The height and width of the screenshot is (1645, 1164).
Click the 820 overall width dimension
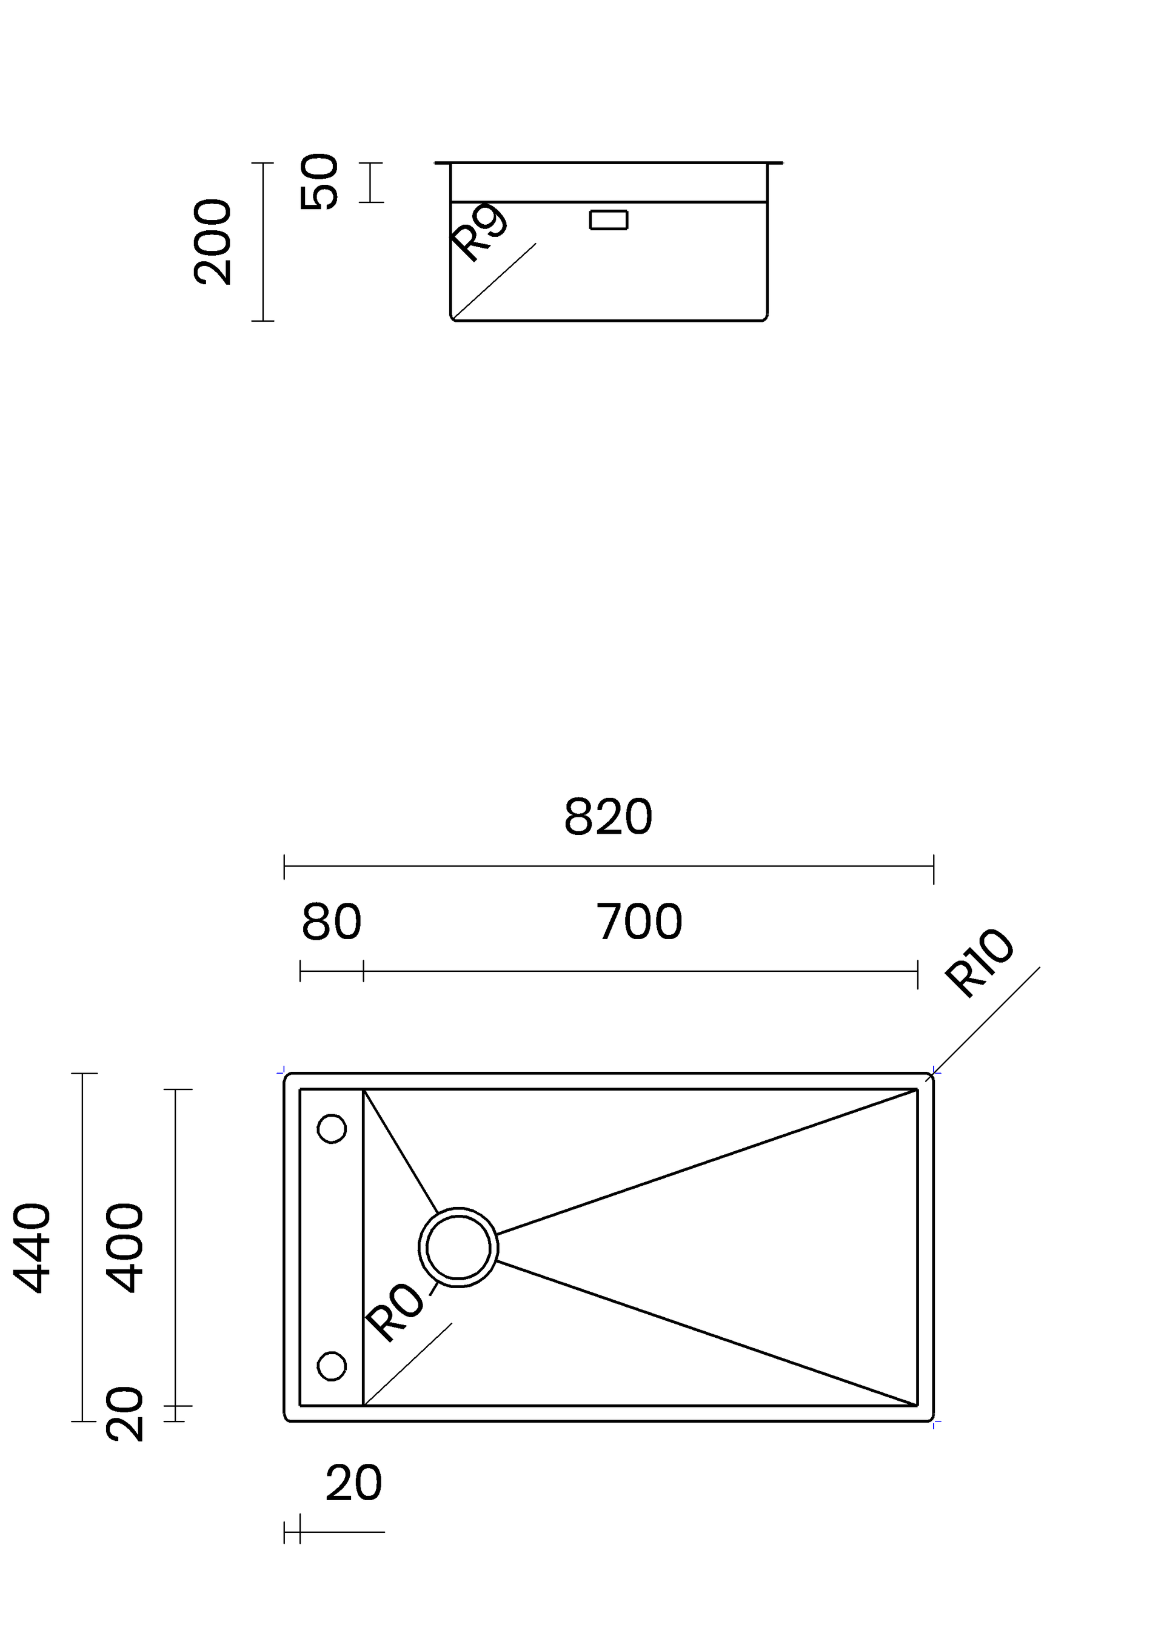pos(608,817)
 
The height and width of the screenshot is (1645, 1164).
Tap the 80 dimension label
pos(331,922)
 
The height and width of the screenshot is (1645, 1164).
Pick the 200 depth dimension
pos(213,242)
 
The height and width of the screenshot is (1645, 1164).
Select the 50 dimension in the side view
pos(319,182)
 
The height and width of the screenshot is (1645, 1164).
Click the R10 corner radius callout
pos(979,962)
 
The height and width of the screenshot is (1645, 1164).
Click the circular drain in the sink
pos(458,1248)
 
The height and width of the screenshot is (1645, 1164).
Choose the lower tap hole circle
pos(332,1366)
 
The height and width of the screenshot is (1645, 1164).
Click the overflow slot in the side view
pos(609,220)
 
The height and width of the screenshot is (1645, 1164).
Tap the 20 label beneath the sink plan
pos(353,1483)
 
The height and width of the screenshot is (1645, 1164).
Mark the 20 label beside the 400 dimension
pos(125,1414)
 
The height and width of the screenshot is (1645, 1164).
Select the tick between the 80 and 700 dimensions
pos(363,971)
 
